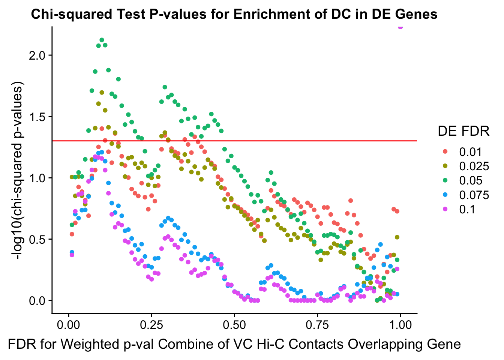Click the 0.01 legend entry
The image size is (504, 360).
coord(470,152)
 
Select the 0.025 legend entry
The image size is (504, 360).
coord(474,166)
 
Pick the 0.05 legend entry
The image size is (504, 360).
coord(470,180)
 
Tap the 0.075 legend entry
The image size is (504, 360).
coord(474,195)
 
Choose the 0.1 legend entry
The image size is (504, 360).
coord(467,209)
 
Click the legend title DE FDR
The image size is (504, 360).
coord(463,131)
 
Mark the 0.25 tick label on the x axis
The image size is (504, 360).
coord(151,325)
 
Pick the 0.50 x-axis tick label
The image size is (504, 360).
coord(234,325)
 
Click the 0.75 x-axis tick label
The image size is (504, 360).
coord(317,325)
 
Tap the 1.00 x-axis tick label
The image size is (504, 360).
coord(400,325)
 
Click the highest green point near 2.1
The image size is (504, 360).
coord(102,40)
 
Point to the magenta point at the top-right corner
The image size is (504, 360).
coord(400,27)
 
